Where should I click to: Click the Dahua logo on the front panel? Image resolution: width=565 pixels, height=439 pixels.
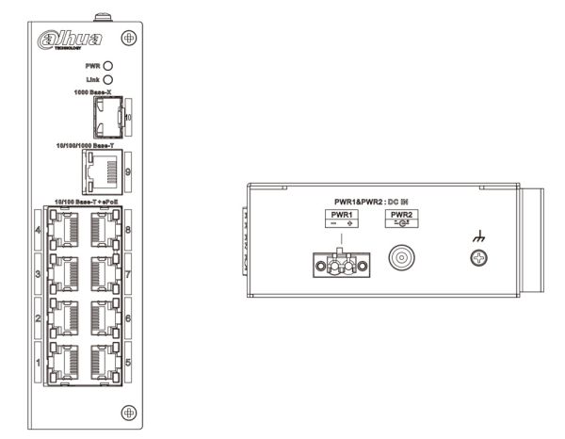pyautogui.click(x=88, y=44)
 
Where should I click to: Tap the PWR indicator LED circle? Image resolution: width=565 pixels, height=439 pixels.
pyautogui.click(x=108, y=66)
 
